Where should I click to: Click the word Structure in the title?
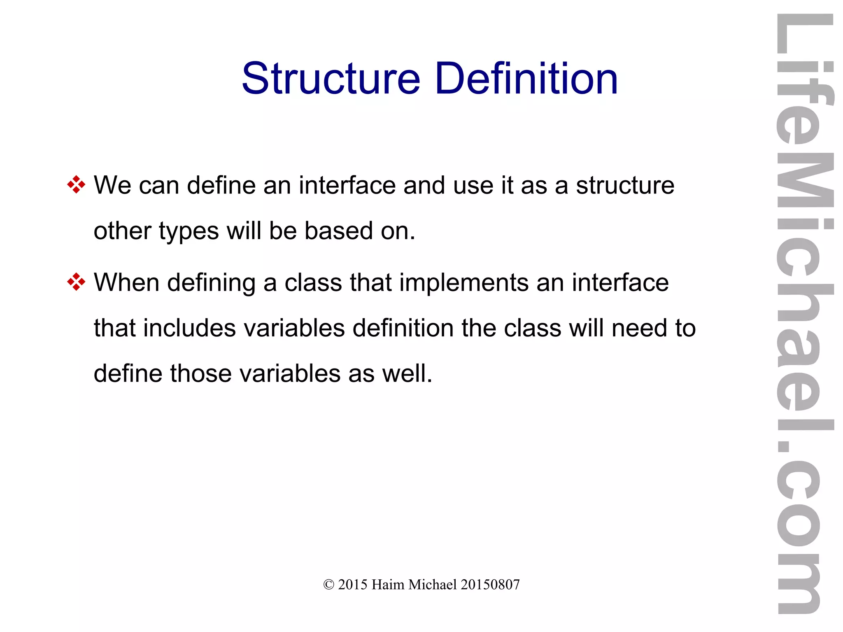pyautogui.click(x=331, y=78)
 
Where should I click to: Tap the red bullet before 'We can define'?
pyautogui.click(x=76, y=185)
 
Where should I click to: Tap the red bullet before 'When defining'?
pyautogui.click(x=76, y=282)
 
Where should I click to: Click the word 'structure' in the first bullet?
pyautogui.click(x=625, y=186)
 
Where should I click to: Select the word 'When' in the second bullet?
pyautogui.click(x=126, y=282)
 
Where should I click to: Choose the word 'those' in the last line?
pyautogui.click(x=201, y=373)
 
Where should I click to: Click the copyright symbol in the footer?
pyautogui.click(x=328, y=585)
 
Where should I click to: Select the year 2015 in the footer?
pyautogui.click(x=353, y=585)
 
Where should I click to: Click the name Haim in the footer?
pyautogui.click(x=388, y=585)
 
